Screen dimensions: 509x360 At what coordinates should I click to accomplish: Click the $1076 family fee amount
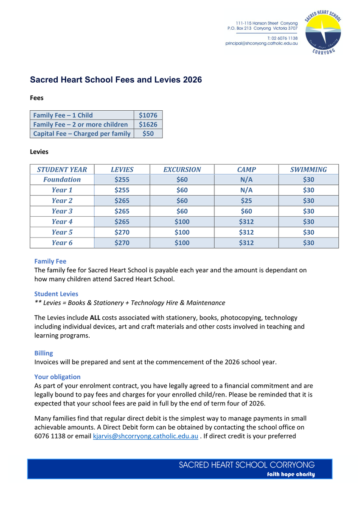point(148,115)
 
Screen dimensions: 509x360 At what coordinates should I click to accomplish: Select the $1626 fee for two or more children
point(148,124)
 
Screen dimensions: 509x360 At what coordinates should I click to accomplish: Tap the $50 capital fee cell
point(148,134)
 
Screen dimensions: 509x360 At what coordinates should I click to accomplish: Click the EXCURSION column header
point(182,169)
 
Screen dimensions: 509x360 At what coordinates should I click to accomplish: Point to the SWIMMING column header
point(308,169)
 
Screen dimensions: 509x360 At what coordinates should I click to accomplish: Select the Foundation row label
point(62,179)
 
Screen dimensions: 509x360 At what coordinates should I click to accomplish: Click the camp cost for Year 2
point(246,201)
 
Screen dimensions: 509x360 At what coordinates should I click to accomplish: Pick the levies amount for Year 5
point(122,232)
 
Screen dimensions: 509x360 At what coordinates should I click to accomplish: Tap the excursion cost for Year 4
point(182,221)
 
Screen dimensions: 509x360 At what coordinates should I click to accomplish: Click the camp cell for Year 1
point(246,190)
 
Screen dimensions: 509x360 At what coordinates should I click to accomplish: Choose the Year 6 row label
point(62,243)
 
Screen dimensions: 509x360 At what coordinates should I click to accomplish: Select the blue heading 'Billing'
point(44,353)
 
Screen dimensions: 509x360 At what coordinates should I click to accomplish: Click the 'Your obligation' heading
point(57,377)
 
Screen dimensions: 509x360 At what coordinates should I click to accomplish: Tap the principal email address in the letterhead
point(262,43)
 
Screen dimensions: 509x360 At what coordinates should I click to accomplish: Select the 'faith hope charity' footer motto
point(291,474)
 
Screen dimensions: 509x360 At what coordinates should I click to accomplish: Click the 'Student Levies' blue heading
point(56,294)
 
